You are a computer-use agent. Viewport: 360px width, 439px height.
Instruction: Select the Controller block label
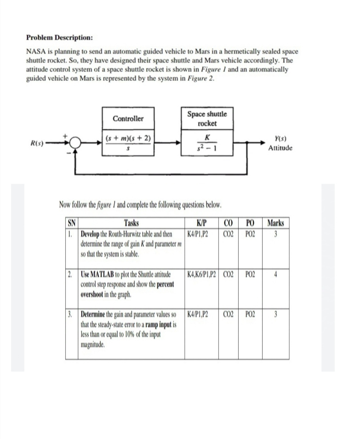(128, 119)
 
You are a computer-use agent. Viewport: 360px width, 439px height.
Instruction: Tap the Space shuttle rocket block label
(207, 119)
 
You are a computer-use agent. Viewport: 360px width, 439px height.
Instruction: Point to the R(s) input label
(37, 144)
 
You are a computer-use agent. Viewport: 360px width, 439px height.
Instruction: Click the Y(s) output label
(280, 140)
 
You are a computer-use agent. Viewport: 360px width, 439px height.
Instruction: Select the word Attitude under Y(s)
(280, 148)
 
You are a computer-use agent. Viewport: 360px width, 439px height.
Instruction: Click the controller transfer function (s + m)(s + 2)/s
(128, 143)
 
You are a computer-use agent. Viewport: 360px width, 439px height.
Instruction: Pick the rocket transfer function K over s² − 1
(207, 143)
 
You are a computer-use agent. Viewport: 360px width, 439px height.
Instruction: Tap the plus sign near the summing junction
(65, 136)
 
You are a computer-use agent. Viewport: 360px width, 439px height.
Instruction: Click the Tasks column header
(131, 223)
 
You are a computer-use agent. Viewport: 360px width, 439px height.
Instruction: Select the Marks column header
(275, 223)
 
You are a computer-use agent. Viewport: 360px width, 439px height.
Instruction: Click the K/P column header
(201, 223)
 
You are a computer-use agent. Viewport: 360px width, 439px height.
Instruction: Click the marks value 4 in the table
(275, 275)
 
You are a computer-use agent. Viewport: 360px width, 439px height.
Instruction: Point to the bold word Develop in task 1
(91, 235)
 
